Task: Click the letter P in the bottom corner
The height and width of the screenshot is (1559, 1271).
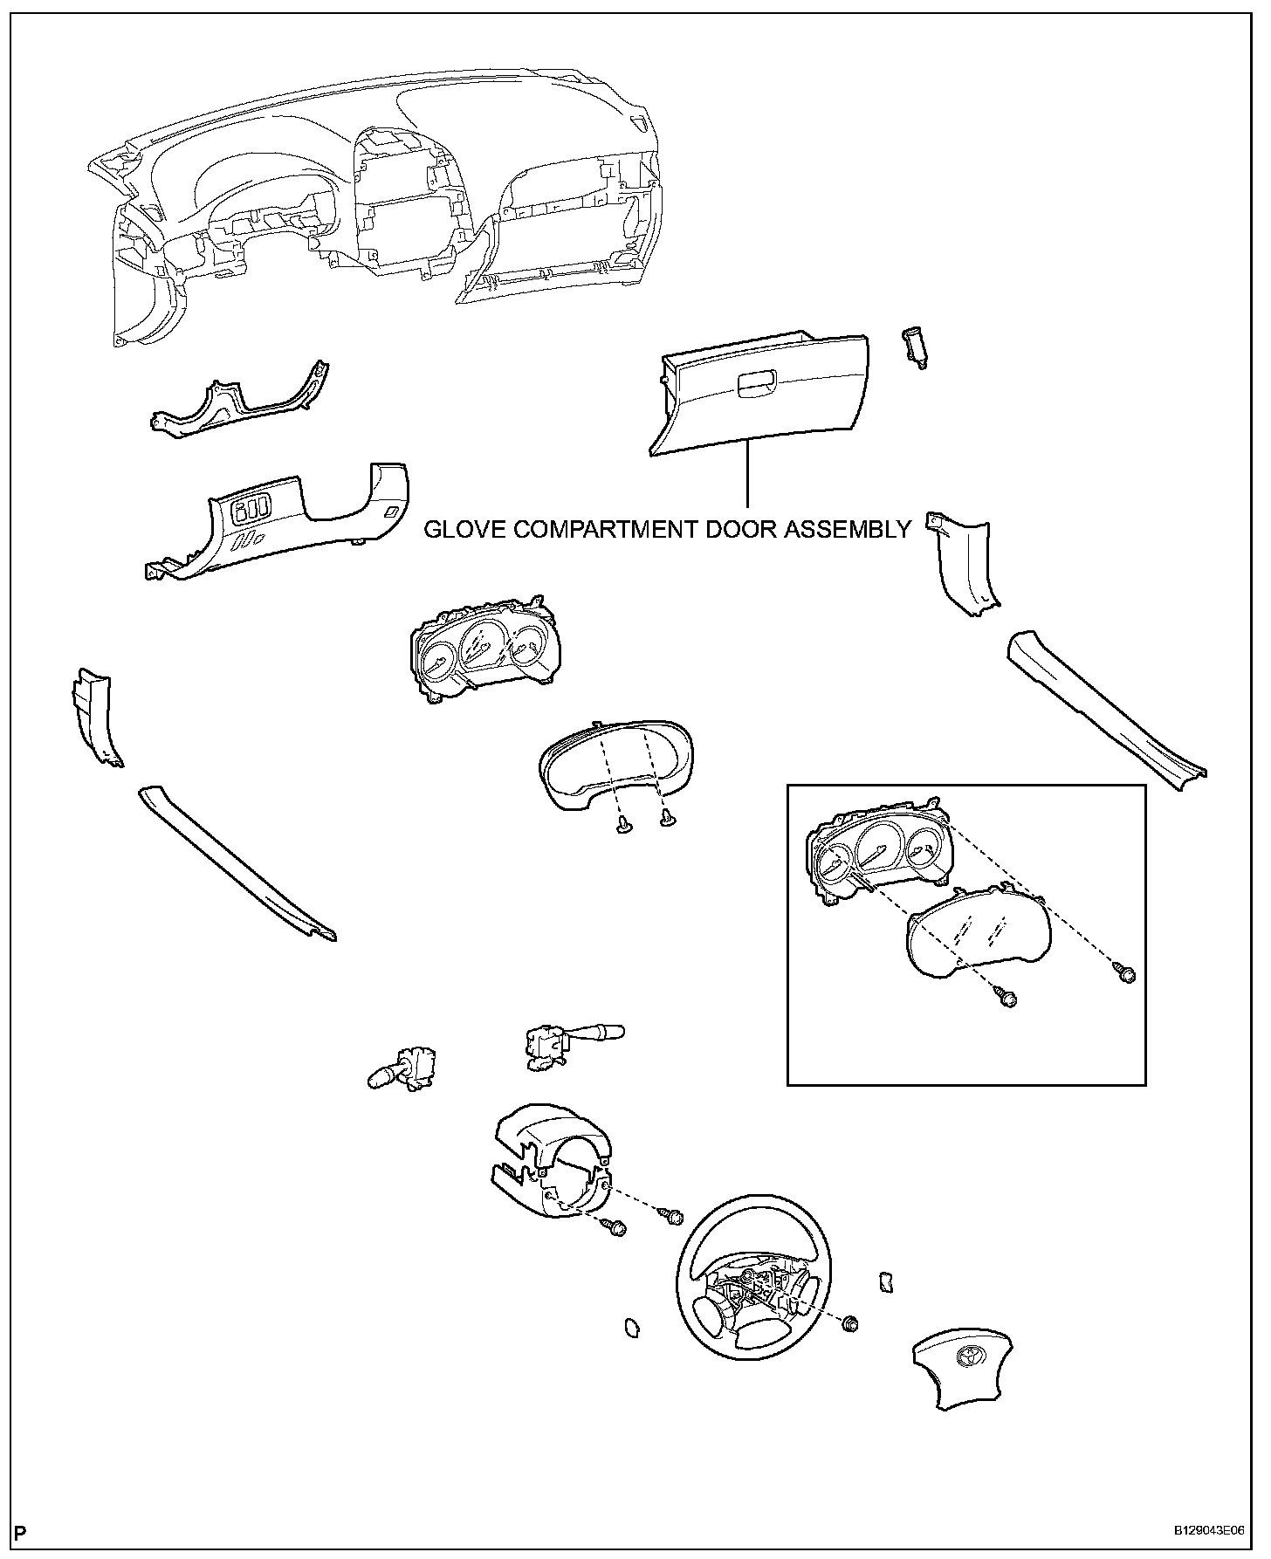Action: coord(21,1531)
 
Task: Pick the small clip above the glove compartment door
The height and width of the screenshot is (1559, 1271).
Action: coord(914,347)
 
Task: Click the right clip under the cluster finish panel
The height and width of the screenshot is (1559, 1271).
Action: coord(670,817)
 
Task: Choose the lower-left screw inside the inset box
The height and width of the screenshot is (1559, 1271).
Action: coord(1007,999)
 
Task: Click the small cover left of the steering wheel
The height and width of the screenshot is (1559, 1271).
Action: coord(631,1351)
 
